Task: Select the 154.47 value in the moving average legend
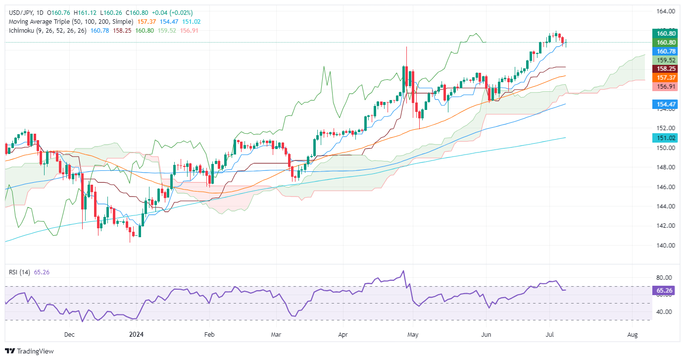tap(170, 22)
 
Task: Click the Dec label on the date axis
tap(69, 335)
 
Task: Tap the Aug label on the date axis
tap(632, 335)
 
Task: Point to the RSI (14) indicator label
tap(18, 271)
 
